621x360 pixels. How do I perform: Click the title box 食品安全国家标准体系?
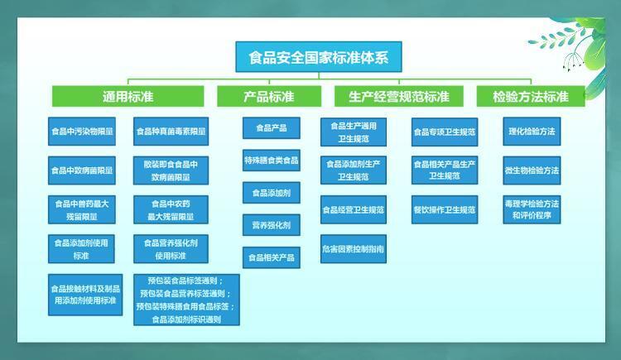click(x=319, y=58)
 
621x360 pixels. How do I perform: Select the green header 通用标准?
click(x=128, y=97)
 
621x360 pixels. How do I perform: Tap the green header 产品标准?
click(x=268, y=97)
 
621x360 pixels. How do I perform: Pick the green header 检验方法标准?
click(x=531, y=97)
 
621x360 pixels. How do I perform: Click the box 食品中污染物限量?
click(x=83, y=132)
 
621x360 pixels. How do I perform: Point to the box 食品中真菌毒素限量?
click(x=171, y=132)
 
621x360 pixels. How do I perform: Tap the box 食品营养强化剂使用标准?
click(x=171, y=249)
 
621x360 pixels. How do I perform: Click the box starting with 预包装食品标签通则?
click(x=186, y=300)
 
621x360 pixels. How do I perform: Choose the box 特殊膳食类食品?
click(x=271, y=161)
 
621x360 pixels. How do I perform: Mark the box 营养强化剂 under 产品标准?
click(x=271, y=225)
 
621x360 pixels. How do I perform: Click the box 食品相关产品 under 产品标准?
click(x=271, y=257)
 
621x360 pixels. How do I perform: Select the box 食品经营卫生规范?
click(x=354, y=210)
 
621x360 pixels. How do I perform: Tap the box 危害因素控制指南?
click(x=354, y=249)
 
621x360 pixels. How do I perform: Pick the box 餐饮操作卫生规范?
click(x=445, y=210)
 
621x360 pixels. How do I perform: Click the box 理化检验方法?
click(x=531, y=132)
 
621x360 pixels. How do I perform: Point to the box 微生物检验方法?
click(x=531, y=170)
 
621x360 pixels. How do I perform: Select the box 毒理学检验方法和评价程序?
click(x=531, y=209)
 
